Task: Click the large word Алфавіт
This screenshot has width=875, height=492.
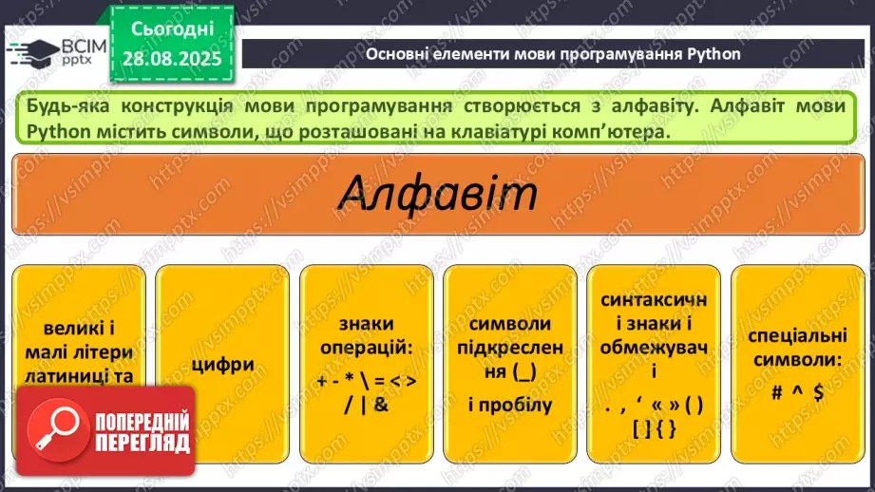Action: coord(437,195)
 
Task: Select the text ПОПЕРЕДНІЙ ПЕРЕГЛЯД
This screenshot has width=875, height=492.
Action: coord(143,433)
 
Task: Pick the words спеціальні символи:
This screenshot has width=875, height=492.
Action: coord(795,348)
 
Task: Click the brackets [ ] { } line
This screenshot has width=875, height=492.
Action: coord(654,428)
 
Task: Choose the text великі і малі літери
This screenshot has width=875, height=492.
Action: coord(79,342)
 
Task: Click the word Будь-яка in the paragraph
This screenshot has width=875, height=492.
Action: coord(63,106)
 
